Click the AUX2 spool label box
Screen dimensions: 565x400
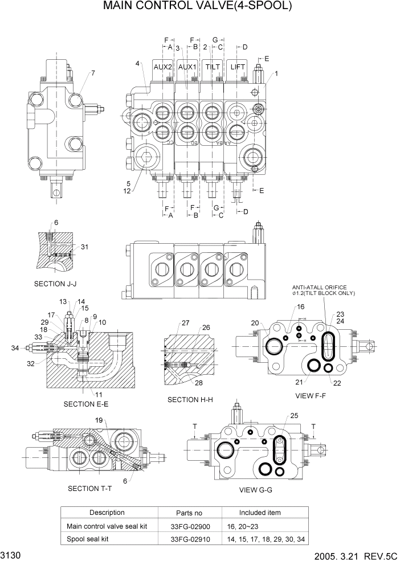163,67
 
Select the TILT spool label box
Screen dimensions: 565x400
213,67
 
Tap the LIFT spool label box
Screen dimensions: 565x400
238,67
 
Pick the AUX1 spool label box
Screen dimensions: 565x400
187,67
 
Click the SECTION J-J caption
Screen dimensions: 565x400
55,284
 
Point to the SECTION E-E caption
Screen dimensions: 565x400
86,404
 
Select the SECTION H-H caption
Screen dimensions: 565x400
190,400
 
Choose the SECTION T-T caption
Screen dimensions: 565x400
90,488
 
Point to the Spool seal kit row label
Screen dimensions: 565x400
88,539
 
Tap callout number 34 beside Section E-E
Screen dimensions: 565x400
15,347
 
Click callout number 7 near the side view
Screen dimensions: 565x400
92,73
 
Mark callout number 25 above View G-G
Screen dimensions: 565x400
294,415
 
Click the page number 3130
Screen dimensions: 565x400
11,555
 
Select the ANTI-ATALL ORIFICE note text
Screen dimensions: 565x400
320,288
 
